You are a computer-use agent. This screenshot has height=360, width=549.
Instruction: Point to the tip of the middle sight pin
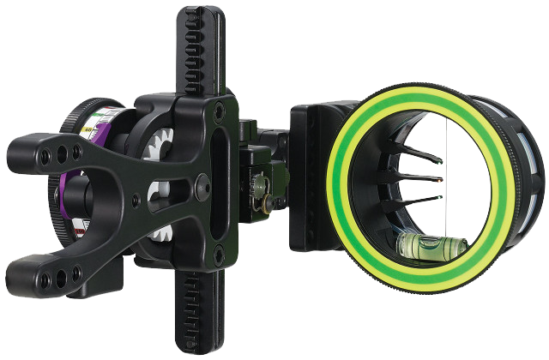(x=440, y=179)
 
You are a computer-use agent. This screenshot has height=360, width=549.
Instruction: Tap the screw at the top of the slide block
(x=220, y=110)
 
